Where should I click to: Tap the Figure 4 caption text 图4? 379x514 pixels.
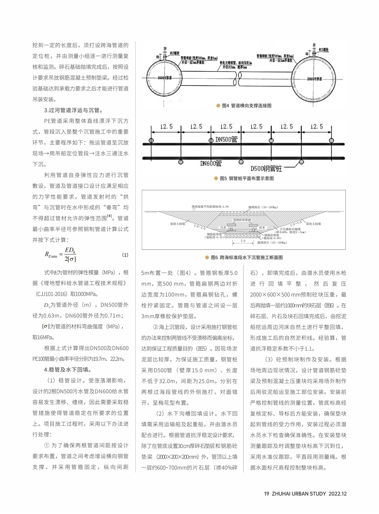(x=225, y=106)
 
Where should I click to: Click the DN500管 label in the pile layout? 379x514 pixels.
(x=226, y=139)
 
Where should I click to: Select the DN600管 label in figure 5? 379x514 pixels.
(x=211, y=163)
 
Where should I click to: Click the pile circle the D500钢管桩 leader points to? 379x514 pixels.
(x=301, y=162)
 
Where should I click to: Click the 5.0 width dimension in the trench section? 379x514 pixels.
(x=243, y=241)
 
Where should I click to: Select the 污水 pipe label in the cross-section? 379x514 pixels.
(x=223, y=227)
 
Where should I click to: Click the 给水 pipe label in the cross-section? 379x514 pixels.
(x=262, y=227)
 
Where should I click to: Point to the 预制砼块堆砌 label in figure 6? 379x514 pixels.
(x=242, y=220)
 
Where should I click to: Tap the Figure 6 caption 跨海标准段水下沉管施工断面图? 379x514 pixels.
(x=251, y=258)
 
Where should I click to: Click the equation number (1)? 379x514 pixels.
(x=125, y=255)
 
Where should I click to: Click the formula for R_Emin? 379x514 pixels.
(x=61, y=255)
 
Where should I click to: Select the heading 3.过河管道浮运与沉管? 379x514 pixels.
(x=73, y=110)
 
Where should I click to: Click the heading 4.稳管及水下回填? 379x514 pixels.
(x=67, y=370)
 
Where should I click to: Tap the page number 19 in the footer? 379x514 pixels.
(x=266, y=494)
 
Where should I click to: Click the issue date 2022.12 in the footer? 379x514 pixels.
(x=338, y=494)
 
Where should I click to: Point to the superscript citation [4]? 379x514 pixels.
(x=109, y=216)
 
